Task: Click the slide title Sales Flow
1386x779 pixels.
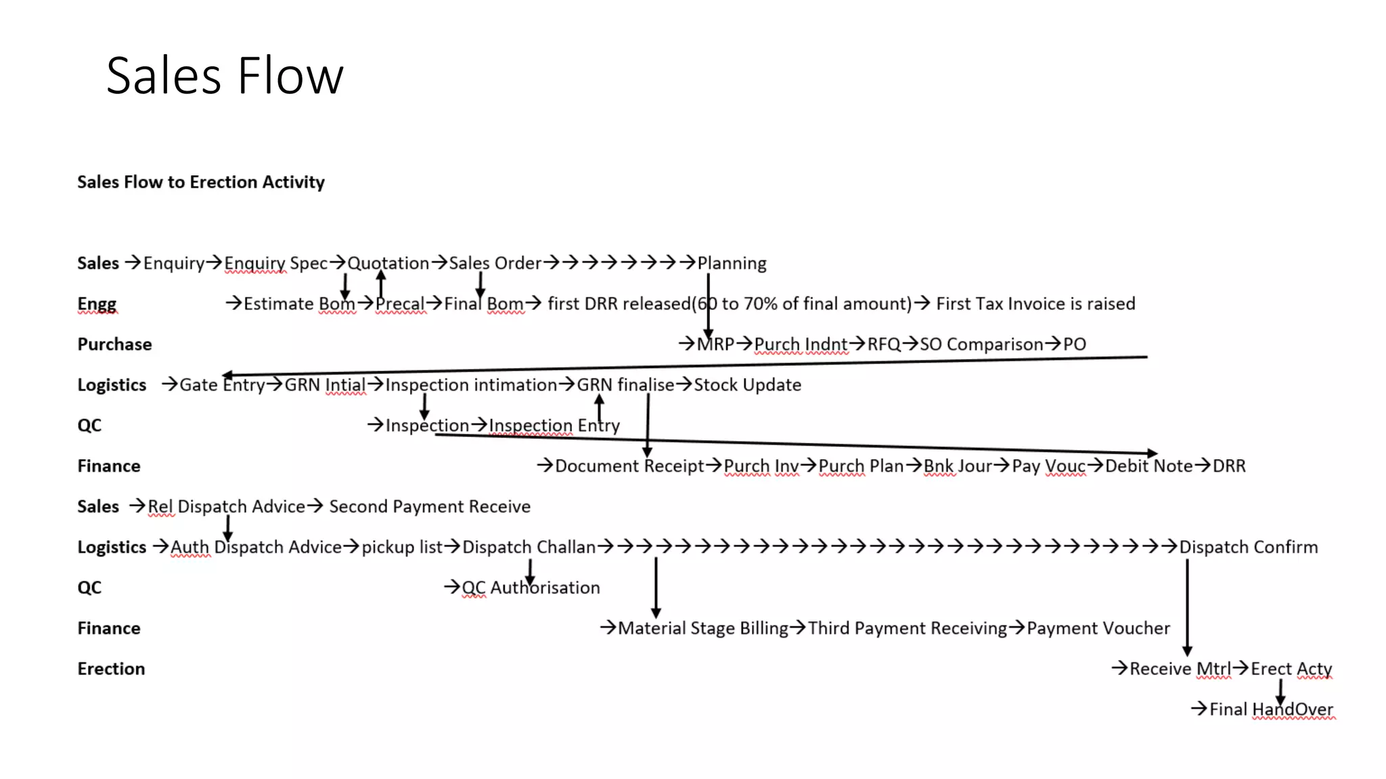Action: pos(225,75)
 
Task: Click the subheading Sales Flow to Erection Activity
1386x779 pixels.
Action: pos(201,182)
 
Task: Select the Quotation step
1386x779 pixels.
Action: pos(388,263)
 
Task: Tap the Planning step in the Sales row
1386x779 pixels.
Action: pos(732,263)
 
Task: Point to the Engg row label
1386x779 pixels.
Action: pos(97,304)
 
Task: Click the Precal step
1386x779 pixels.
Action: pos(400,304)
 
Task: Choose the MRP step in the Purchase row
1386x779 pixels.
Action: pos(715,344)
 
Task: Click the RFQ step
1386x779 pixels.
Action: pos(883,344)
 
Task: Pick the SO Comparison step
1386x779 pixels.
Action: pos(981,344)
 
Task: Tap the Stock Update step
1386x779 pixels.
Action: pos(747,385)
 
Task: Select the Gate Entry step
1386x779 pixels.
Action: pos(222,385)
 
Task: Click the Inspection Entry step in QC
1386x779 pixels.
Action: pos(554,425)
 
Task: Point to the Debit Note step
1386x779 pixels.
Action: pos(1148,466)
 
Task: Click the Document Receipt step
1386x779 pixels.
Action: pos(629,466)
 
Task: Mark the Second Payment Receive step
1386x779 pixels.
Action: pos(430,506)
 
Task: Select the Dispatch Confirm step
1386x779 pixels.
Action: pos(1248,547)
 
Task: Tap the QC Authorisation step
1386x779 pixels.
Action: pos(531,588)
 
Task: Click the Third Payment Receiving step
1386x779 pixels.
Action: pos(907,628)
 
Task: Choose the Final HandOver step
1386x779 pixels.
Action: pos(1270,709)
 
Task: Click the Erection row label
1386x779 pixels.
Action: pos(111,669)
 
